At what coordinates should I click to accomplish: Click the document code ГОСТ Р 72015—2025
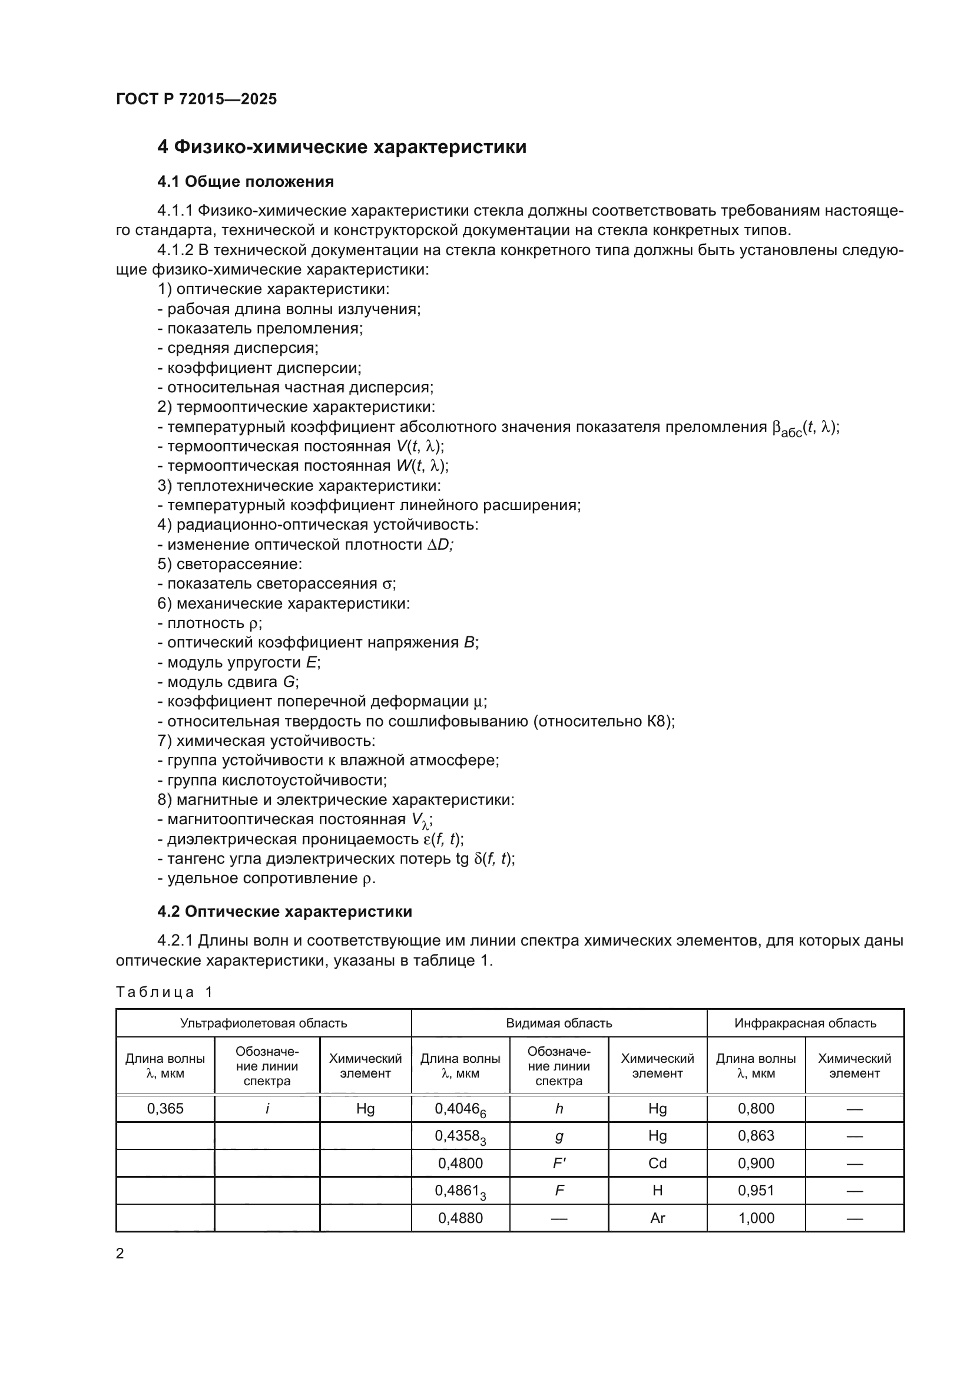click(196, 99)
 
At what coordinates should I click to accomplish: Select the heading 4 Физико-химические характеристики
click(342, 147)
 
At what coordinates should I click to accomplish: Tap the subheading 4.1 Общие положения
click(246, 181)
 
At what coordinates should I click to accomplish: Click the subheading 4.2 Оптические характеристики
click(284, 911)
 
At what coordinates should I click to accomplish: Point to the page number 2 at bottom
click(120, 1253)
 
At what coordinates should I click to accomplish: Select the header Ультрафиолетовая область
click(263, 1023)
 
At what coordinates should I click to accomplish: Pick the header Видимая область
click(558, 1023)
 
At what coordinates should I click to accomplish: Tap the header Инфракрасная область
click(805, 1023)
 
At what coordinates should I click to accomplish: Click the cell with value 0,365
click(165, 1109)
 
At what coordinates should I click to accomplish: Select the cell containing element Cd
click(657, 1163)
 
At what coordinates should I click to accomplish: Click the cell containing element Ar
click(657, 1218)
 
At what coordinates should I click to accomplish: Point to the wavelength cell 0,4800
click(460, 1163)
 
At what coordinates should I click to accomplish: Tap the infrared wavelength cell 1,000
click(756, 1218)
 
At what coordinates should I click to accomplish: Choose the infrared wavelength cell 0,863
click(756, 1135)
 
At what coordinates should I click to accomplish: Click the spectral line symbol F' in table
click(559, 1163)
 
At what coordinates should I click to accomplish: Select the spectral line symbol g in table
click(559, 1136)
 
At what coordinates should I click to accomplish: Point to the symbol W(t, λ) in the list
click(422, 466)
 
